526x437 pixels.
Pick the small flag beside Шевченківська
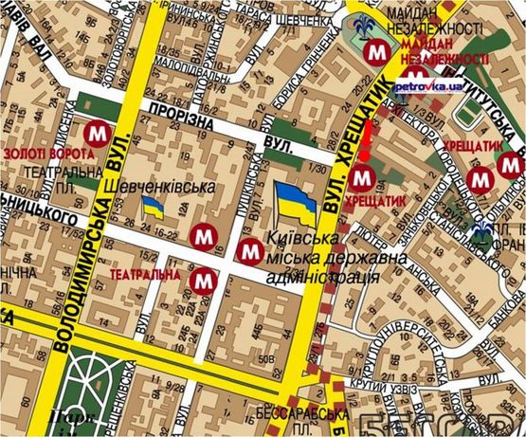pos(151,208)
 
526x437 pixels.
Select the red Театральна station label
pos(145,275)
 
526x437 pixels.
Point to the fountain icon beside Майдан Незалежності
pos(362,24)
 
